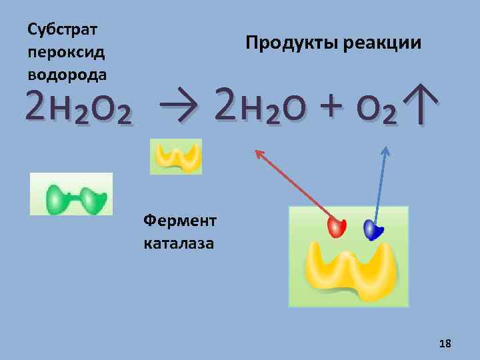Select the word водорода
67,72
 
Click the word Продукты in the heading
291,43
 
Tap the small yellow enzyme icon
176,156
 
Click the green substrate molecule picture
71,195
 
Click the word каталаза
179,243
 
